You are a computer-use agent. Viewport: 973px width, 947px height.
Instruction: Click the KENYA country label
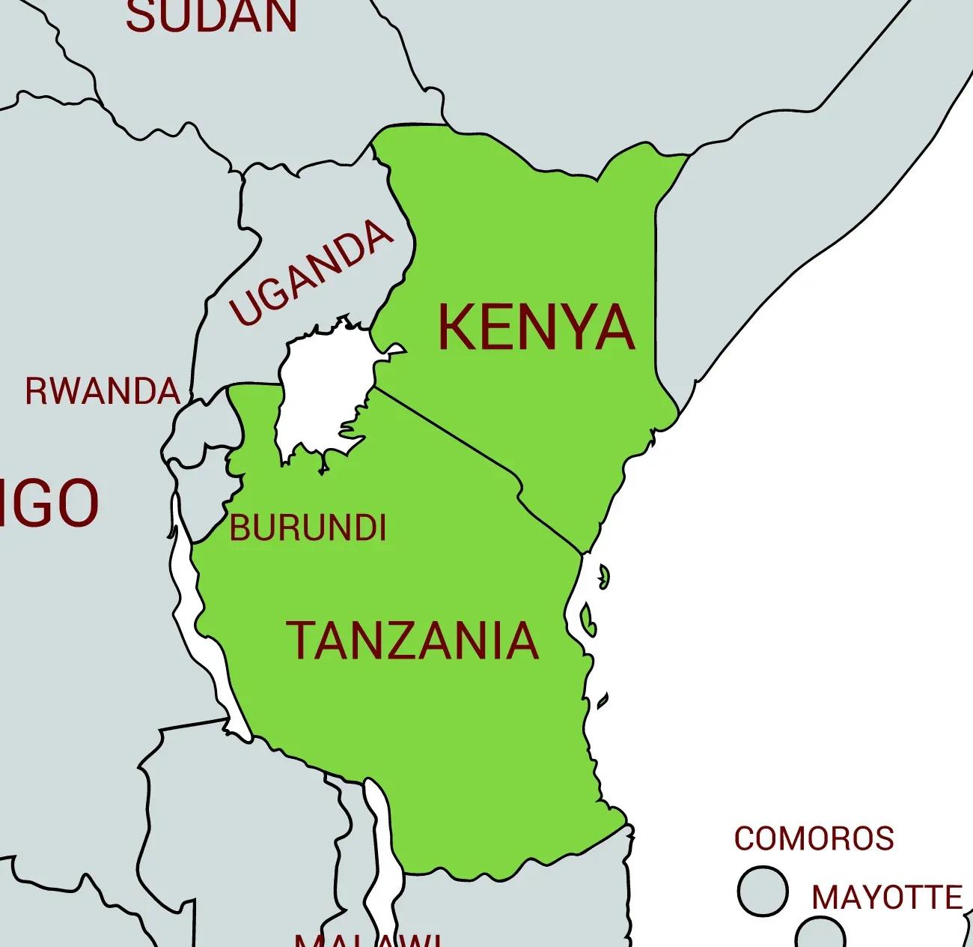536,327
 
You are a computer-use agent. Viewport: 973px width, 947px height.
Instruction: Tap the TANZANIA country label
413,641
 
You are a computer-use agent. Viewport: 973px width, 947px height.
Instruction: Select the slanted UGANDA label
311,273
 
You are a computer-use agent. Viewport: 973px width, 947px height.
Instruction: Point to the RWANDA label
103,391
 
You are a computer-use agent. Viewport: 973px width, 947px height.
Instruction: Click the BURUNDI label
308,528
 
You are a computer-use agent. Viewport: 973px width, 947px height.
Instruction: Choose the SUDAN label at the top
212,16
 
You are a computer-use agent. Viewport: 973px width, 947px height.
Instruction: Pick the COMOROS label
814,838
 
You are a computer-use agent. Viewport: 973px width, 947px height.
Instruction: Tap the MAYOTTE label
887,897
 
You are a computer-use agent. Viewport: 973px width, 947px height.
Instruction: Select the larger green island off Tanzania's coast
588,620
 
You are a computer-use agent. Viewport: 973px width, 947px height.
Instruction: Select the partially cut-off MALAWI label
367,940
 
